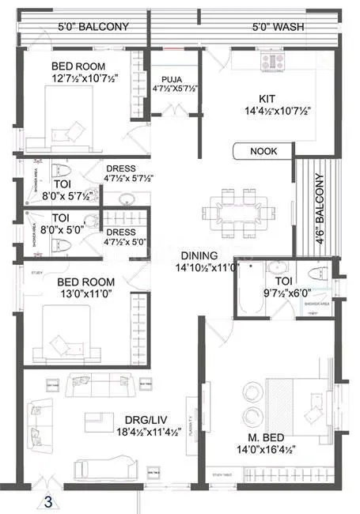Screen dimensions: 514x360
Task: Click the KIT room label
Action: (265, 99)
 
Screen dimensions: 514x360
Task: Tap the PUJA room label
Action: (172, 80)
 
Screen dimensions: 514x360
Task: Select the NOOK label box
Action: (263, 151)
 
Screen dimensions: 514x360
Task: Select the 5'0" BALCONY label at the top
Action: (93, 26)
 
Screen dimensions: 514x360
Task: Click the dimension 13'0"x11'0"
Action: (83, 294)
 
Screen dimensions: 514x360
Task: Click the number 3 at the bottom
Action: (48, 501)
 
